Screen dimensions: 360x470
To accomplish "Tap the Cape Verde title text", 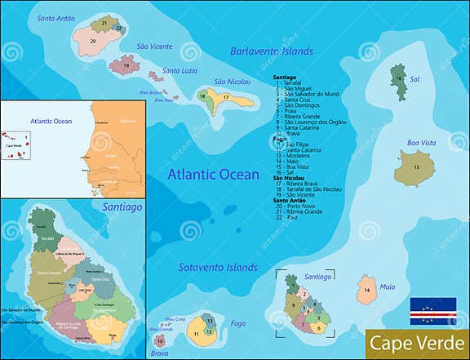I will pos(415,343).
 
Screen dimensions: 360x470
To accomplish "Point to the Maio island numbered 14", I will pos(367,290).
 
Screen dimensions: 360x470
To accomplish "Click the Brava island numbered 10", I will pos(161,340).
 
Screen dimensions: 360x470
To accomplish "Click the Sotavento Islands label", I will pos(219,267).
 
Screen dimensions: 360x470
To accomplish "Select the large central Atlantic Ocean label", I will pos(215,174).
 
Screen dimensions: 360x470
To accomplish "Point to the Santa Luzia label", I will pos(181,71).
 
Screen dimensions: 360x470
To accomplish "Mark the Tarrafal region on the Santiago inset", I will pos(48,238).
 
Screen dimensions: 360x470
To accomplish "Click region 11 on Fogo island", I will pos(197,333).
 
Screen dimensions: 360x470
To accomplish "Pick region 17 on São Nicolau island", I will pos(226,98).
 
